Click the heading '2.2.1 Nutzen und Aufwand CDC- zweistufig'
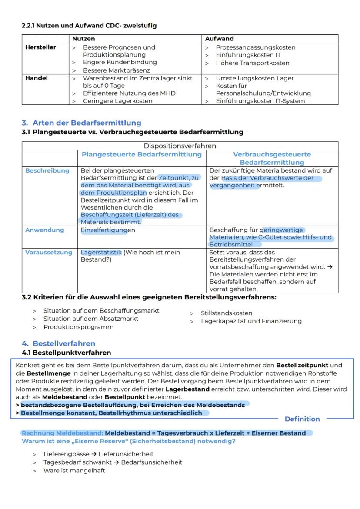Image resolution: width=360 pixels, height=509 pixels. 89,26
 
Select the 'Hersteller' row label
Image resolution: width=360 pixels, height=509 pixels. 40,47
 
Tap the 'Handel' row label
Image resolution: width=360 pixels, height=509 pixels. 37,78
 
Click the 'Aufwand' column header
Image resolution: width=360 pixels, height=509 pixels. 219,39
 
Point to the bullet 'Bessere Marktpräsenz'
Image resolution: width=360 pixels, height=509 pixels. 116,70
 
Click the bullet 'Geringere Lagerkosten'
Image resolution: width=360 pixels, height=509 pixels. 117,101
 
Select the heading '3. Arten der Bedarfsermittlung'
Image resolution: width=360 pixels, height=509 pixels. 81,123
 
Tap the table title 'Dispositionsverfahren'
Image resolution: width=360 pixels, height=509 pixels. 180,146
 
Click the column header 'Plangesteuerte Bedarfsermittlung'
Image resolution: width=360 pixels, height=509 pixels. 142,154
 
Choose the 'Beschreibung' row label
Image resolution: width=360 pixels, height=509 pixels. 47,170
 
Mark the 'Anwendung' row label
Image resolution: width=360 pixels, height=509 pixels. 44,230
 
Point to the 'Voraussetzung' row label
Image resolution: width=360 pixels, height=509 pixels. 49,253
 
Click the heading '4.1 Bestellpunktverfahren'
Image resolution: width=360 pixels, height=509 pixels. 66,353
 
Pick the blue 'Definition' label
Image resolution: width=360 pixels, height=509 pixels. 302,419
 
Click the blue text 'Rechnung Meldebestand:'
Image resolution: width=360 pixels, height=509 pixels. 62,433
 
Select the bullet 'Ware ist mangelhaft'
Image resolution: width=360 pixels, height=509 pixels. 74,470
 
